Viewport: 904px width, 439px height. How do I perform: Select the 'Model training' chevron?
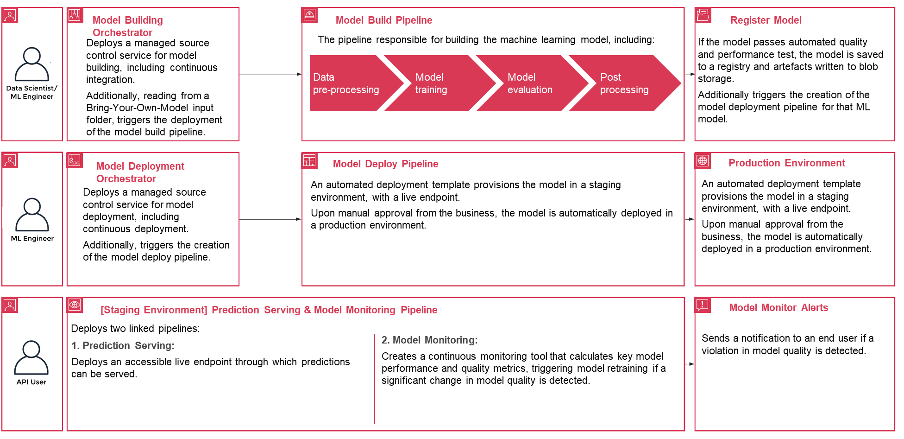pyautogui.click(x=435, y=83)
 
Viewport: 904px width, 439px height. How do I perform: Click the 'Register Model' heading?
pyautogui.click(x=766, y=20)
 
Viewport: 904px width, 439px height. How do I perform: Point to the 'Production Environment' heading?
pyautogui.click(x=786, y=163)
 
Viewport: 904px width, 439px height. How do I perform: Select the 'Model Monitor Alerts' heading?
pyautogui.click(x=778, y=308)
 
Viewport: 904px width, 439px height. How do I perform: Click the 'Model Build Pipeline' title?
pyautogui.click(x=383, y=20)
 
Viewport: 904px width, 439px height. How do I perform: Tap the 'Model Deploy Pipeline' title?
pyautogui.click(x=385, y=164)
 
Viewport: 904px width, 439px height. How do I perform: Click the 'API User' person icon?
pyautogui.click(x=31, y=357)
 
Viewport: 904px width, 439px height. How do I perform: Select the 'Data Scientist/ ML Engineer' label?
pyautogui.click(x=32, y=92)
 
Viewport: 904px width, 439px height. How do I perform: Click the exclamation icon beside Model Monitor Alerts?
pyautogui.click(x=703, y=305)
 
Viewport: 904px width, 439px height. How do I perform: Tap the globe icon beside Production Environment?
pyautogui.click(x=703, y=160)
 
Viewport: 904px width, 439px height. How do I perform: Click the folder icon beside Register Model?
pyautogui.click(x=703, y=15)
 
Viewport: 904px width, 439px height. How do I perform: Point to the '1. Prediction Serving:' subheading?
pyautogui.click(x=123, y=346)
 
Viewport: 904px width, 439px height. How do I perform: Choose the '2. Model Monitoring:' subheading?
pyautogui.click(x=429, y=340)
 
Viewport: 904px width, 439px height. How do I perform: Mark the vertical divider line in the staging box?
pyautogui.click(x=374, y=378)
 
